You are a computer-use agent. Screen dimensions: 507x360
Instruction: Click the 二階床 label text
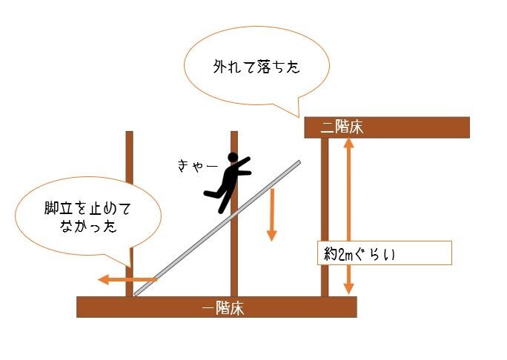coord(342,127)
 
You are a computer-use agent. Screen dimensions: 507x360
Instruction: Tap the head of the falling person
coord(233,158)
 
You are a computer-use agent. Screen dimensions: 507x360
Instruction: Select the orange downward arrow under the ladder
coord(271,215)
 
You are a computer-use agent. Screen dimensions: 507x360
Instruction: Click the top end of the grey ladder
coord(299,161)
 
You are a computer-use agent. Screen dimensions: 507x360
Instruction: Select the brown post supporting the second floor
coord(325,215)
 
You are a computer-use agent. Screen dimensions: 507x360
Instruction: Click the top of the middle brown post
coord(234,134)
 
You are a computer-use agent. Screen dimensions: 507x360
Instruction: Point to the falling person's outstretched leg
coord(211,194)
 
